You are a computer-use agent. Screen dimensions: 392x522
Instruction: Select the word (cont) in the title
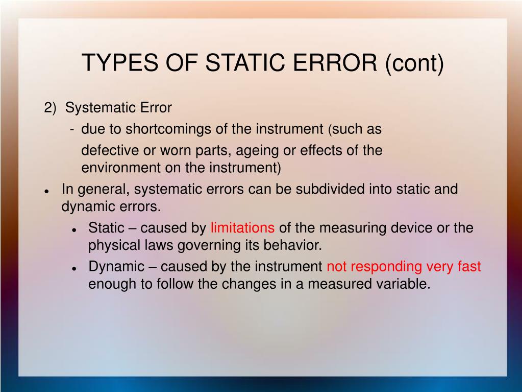click(x=414, y=63)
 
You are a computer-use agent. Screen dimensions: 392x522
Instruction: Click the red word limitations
click(x=242, y=228)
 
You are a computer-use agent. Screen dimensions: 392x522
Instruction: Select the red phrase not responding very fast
click(x=404, y=267)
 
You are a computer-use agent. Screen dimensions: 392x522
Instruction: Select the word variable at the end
click(x=407, y=284)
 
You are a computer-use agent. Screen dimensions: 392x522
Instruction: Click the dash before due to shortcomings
click(x=73, y=130)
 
